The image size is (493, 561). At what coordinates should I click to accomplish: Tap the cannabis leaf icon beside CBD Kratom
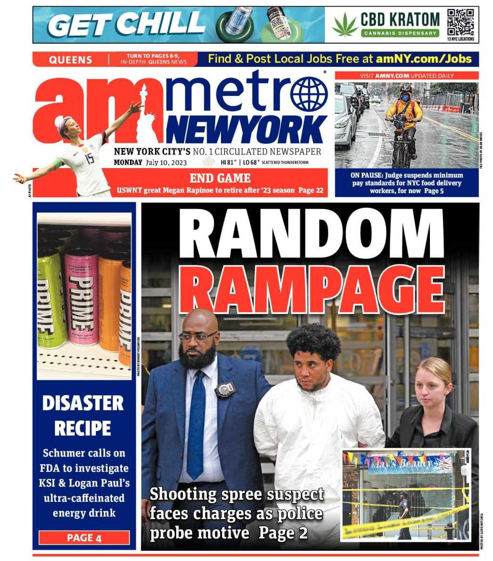pos(345,25)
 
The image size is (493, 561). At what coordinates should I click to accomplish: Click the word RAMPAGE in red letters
pos(311,290)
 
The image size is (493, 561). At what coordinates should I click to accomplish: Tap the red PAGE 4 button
pos(84,538)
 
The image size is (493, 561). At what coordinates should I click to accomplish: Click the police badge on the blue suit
pos(224,389)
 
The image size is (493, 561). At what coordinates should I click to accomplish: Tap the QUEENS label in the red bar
pos(70,60)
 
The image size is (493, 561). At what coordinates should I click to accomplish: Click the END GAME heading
pos(220,178)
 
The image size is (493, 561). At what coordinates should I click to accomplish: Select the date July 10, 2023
pos(168,162)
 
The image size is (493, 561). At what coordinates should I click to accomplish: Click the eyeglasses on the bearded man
pos(197,336)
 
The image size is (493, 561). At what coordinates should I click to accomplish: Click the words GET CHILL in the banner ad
pos(126,24)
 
